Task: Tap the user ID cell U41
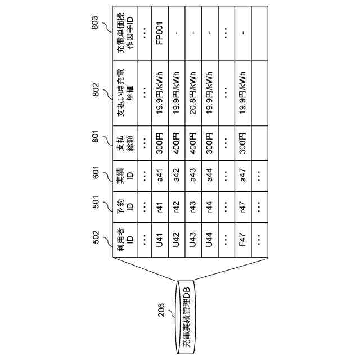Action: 160,242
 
